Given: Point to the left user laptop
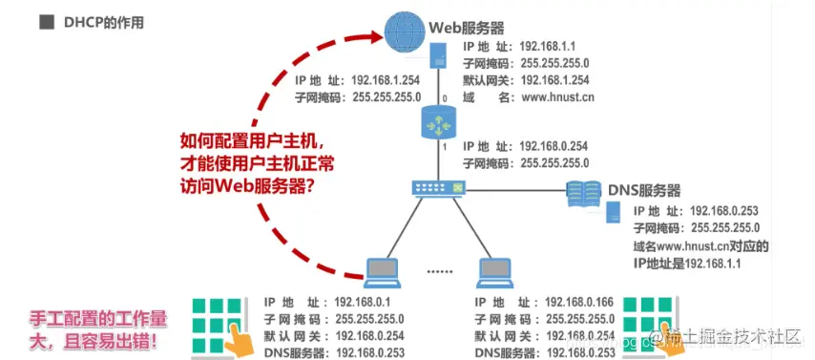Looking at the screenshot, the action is [389, 271].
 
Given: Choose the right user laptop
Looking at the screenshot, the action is [495, 271].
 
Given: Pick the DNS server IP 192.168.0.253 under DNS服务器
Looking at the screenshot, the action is [722, 210].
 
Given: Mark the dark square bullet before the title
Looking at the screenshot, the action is [46, 19].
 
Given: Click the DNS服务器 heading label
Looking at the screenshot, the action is [644, 191].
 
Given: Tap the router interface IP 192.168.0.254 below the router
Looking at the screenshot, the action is [560, 147].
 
